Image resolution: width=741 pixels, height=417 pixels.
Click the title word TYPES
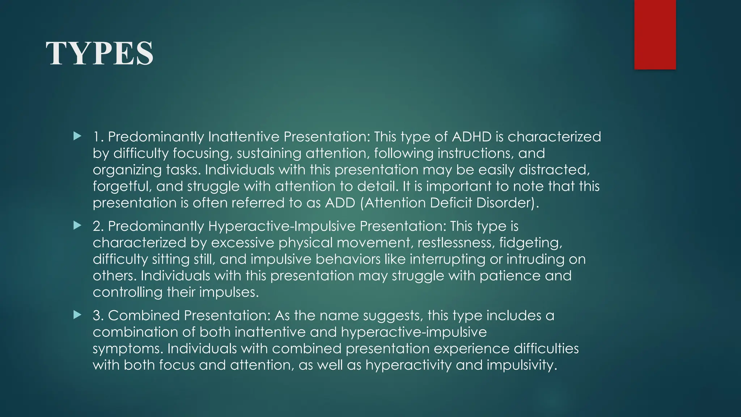(x=99, y=54)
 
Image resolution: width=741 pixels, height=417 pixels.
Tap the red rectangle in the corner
(x=655, y=34)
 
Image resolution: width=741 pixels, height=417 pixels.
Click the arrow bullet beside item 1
(x=77, y=136)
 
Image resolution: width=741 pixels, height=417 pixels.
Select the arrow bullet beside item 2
(x=77, y=226)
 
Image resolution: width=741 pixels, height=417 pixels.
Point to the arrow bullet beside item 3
(x=77, y=315)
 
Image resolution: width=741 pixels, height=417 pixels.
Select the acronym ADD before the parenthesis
(x=340, y=203)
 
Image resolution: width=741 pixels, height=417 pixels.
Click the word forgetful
(x=120, y=186)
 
